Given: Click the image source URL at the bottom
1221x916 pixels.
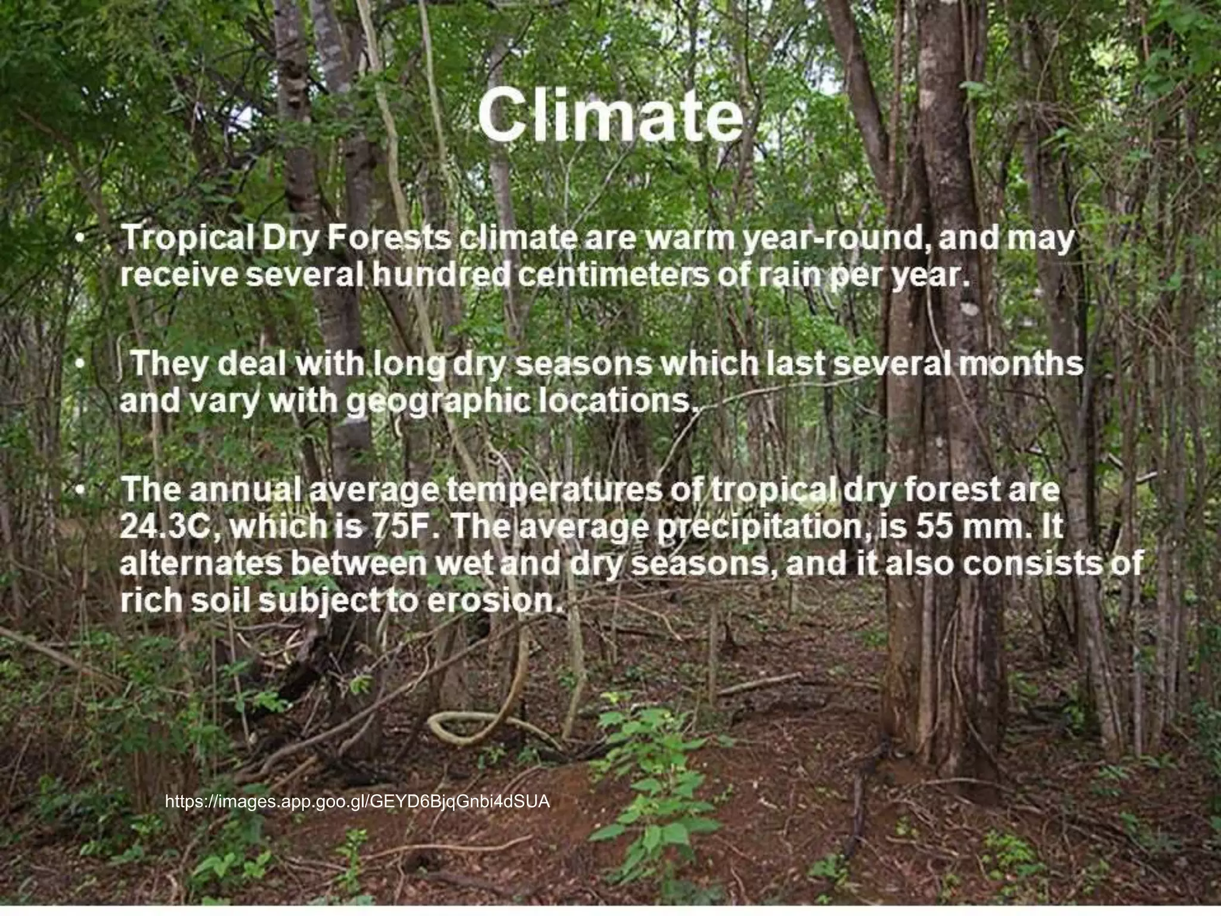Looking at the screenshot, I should [x=357, y=801].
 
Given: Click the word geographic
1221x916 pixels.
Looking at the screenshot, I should [x=438, y=401].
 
